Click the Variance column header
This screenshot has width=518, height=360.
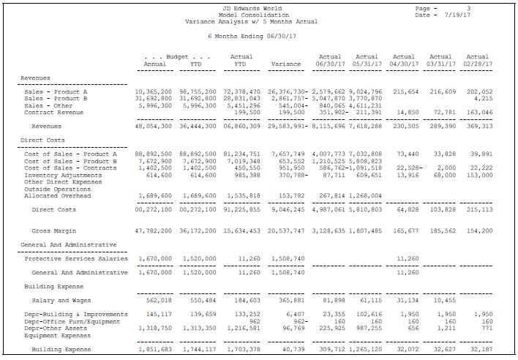285,64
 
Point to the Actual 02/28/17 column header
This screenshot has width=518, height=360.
477,60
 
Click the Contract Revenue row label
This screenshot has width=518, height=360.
55,112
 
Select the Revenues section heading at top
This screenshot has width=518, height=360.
35,78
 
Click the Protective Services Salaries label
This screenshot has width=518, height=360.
76,258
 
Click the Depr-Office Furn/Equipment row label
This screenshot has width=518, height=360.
72,321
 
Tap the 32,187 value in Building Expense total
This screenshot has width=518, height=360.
479,350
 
